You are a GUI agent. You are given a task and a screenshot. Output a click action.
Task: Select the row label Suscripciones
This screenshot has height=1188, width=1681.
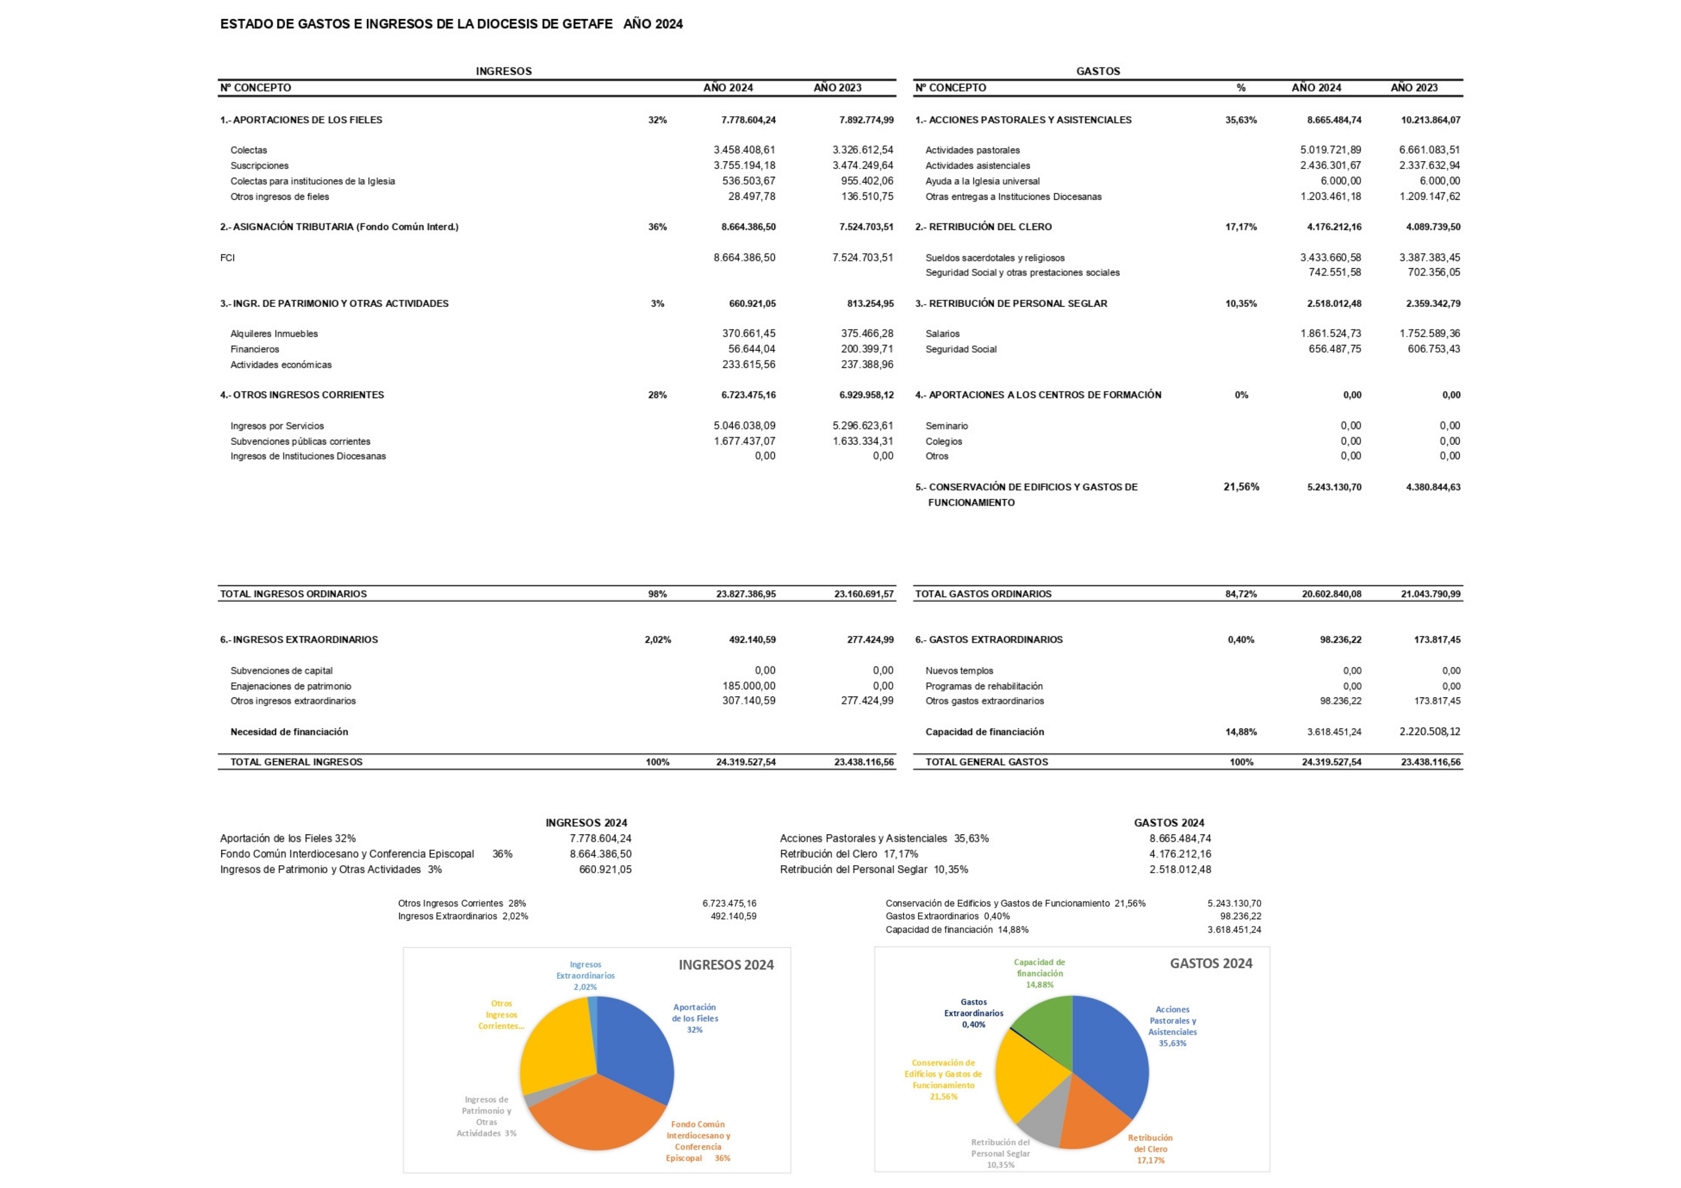[x=259, y=165]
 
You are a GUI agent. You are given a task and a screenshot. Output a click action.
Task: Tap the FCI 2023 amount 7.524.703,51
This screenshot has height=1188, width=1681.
[x=863, y=258]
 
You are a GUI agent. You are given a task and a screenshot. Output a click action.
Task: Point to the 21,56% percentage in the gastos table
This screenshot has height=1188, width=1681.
[x=1241, y=487]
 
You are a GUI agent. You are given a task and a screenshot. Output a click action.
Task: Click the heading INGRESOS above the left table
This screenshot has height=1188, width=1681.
[x=504, y=71]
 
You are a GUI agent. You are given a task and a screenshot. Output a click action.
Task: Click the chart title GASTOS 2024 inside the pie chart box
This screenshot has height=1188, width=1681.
[x=1210, y=964]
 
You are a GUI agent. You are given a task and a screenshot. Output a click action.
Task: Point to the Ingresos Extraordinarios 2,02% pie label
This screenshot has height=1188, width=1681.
[x=585, y=976]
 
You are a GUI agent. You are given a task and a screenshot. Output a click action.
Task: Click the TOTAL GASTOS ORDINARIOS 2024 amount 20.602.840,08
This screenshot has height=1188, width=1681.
[x=1331, y=594]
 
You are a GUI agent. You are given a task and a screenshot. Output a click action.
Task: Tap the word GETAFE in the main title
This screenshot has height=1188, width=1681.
[x=587, y=24]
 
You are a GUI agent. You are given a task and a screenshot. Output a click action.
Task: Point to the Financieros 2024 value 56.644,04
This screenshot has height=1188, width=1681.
[x=751, y=349]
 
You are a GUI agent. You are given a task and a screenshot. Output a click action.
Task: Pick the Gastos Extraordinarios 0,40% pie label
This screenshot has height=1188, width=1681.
[x=973, y=1013]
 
